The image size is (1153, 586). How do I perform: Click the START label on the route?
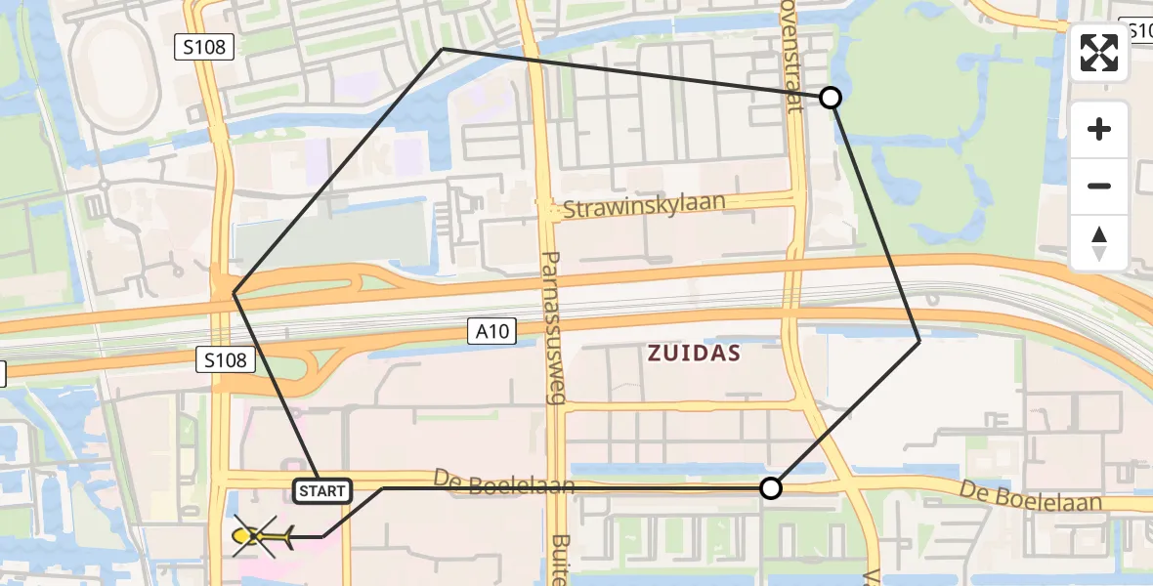pyautogui.click(x=322, y=490)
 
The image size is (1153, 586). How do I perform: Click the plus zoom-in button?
pyautogui.click(x=1099, y=130)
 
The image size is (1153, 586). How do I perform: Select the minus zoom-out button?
pyautogui.click(x=1099, y=186)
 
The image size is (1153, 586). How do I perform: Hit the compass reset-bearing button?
pyautogui.click(x=1099, y=242)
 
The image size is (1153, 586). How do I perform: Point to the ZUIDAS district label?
pyautogui.click(x=694, y=354)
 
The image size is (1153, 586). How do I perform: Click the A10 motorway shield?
pyautogui.click(x=491, y=332)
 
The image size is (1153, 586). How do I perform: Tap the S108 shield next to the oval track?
pyautogui.click(x=205, y=46)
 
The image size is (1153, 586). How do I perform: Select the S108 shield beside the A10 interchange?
pyautogui.click(x=226, y=360)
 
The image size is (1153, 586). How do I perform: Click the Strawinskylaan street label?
pyautogui.click(x=644, y=206)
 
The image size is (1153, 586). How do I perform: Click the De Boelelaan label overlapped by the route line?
pyautogui.click(x=503, y=481)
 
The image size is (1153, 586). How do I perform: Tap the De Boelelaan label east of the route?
pyautogui.click(x=1030, y=496)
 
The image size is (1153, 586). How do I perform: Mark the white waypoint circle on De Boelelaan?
pyautogui.click(x=771, y=488)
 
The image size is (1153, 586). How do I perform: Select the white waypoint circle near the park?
pyautogui.click(x=830, y=98)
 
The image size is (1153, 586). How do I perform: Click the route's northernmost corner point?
pyautogui.click(x=443, y=48)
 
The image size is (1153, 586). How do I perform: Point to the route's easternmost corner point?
pyautogui.click(x=919, y=341)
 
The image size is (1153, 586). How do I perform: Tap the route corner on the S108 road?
pyautogui.click(x=234, y=293)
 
